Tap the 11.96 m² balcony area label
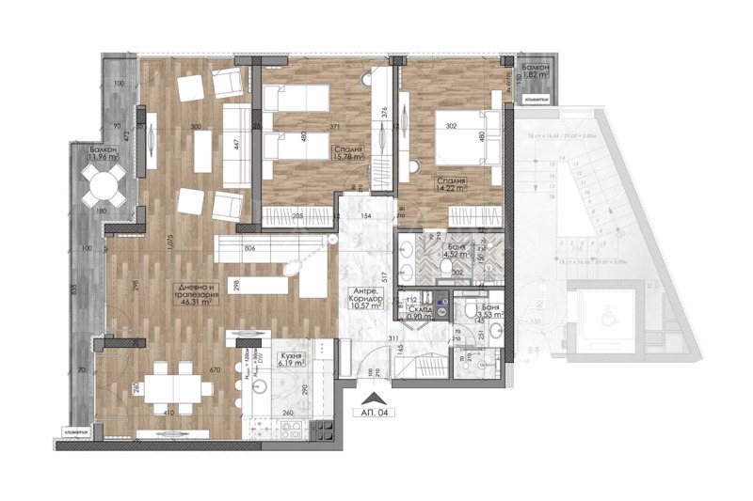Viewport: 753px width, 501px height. tap(103, 154)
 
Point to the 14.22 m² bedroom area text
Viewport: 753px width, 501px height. tap(451, 182)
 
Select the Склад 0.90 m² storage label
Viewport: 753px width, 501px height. tap(420, 314)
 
